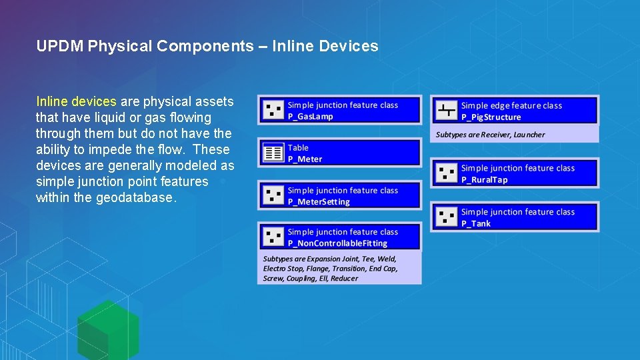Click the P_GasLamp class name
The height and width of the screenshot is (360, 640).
pos(310,117)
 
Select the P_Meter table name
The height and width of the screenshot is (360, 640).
pos(305,159)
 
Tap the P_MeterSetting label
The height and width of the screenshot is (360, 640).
pos(319,202)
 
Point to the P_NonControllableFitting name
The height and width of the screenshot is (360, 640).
pos(337,243)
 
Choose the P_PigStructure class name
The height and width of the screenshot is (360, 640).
pos(491,117)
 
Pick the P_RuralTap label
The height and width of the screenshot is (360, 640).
pos(484,180)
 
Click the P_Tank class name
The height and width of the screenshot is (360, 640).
pos(476,224)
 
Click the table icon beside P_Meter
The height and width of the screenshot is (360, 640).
pos(273,153)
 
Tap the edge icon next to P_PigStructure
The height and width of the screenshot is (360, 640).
pos(446,110)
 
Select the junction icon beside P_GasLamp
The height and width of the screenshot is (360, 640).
pos(273,110)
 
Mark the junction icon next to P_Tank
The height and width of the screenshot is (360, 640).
pos(447,217)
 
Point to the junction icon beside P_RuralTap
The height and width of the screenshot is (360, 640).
pos(447,173)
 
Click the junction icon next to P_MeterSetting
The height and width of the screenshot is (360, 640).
pos(273,195)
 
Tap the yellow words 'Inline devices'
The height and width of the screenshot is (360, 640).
pos(76,102)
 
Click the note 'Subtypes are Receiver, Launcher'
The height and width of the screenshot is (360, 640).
pos(490,135)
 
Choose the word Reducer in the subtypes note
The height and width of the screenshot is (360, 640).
pos(344,279)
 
